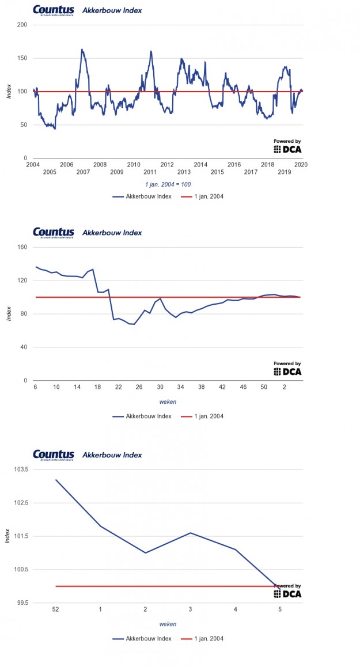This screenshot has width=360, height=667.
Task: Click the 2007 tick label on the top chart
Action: [x=83, y=172]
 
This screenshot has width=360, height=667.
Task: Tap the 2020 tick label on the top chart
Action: [x=301, y=164]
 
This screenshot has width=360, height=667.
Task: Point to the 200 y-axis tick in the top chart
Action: [x=22, y=25]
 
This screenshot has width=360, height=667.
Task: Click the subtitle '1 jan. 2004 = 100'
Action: [x=168, y=184]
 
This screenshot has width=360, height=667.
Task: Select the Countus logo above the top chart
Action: [x=54, y=10]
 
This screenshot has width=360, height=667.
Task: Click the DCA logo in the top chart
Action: [x=287, y=149]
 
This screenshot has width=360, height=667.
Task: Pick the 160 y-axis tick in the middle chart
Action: [x=22, y=247]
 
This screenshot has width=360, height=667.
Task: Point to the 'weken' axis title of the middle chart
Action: [x=168, y=401]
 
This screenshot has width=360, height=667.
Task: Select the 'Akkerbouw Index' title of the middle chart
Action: [x=112, y=233]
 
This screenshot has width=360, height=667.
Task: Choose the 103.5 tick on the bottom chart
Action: [x=19, y=469]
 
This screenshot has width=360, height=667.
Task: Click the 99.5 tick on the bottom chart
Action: [x=19, y=602]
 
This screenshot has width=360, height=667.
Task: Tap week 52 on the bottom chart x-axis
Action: [x=56, y=609]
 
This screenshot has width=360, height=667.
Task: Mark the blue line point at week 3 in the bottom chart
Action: [x=190, y=533]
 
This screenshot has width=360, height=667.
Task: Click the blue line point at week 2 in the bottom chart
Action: [x=145, y=553]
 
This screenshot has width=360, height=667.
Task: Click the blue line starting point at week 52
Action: [x=56, y=480]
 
